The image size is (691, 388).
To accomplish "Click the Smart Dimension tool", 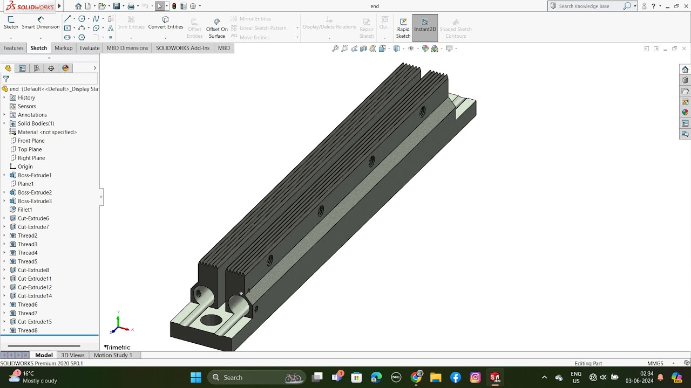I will [40, 23].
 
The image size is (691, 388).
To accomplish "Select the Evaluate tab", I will [90, 48].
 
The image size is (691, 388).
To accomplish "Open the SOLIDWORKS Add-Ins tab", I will [182, 48].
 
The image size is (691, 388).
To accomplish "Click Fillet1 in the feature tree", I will [25, 210].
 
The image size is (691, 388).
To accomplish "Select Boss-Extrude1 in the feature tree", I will [35, 175].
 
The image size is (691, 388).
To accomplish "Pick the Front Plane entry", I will [31, 141].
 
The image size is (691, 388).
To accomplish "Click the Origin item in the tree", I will [25, 167].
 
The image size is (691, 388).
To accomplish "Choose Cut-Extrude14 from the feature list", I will [35, 296].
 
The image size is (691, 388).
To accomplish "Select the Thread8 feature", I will [28, 330].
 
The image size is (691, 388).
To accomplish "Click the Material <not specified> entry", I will [47, 132].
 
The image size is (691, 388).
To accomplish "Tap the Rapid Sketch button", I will [403, 28].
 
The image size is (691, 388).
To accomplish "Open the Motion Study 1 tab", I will [113, 355].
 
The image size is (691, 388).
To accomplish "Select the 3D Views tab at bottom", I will [72, 355].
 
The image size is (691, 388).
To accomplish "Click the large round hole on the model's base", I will [211, 320].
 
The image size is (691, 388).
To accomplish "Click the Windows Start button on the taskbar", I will [196, 377].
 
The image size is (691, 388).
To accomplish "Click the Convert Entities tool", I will [166, 23].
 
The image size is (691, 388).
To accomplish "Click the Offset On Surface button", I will [217, 28].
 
